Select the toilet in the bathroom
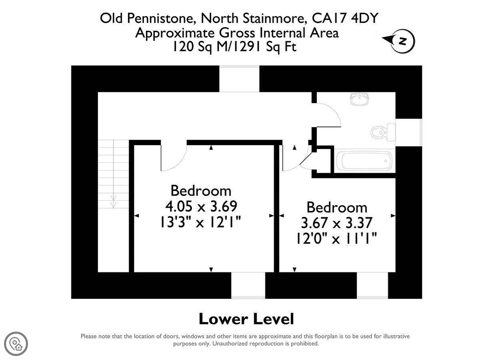coord(383,132)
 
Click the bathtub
coord(364,161)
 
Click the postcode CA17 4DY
coord(345,18)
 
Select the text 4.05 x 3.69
coord(201,206)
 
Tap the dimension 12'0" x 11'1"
coord(336,238)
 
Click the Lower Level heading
coord(246,319)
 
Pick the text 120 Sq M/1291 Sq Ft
coord(235,47)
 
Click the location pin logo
coord(16,344)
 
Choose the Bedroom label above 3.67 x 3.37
coord(337,207)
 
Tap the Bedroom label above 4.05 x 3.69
coord(201,191)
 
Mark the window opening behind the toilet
coord(408,133)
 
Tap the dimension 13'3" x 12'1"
coord(200,222)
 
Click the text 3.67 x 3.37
coord(337,223)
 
